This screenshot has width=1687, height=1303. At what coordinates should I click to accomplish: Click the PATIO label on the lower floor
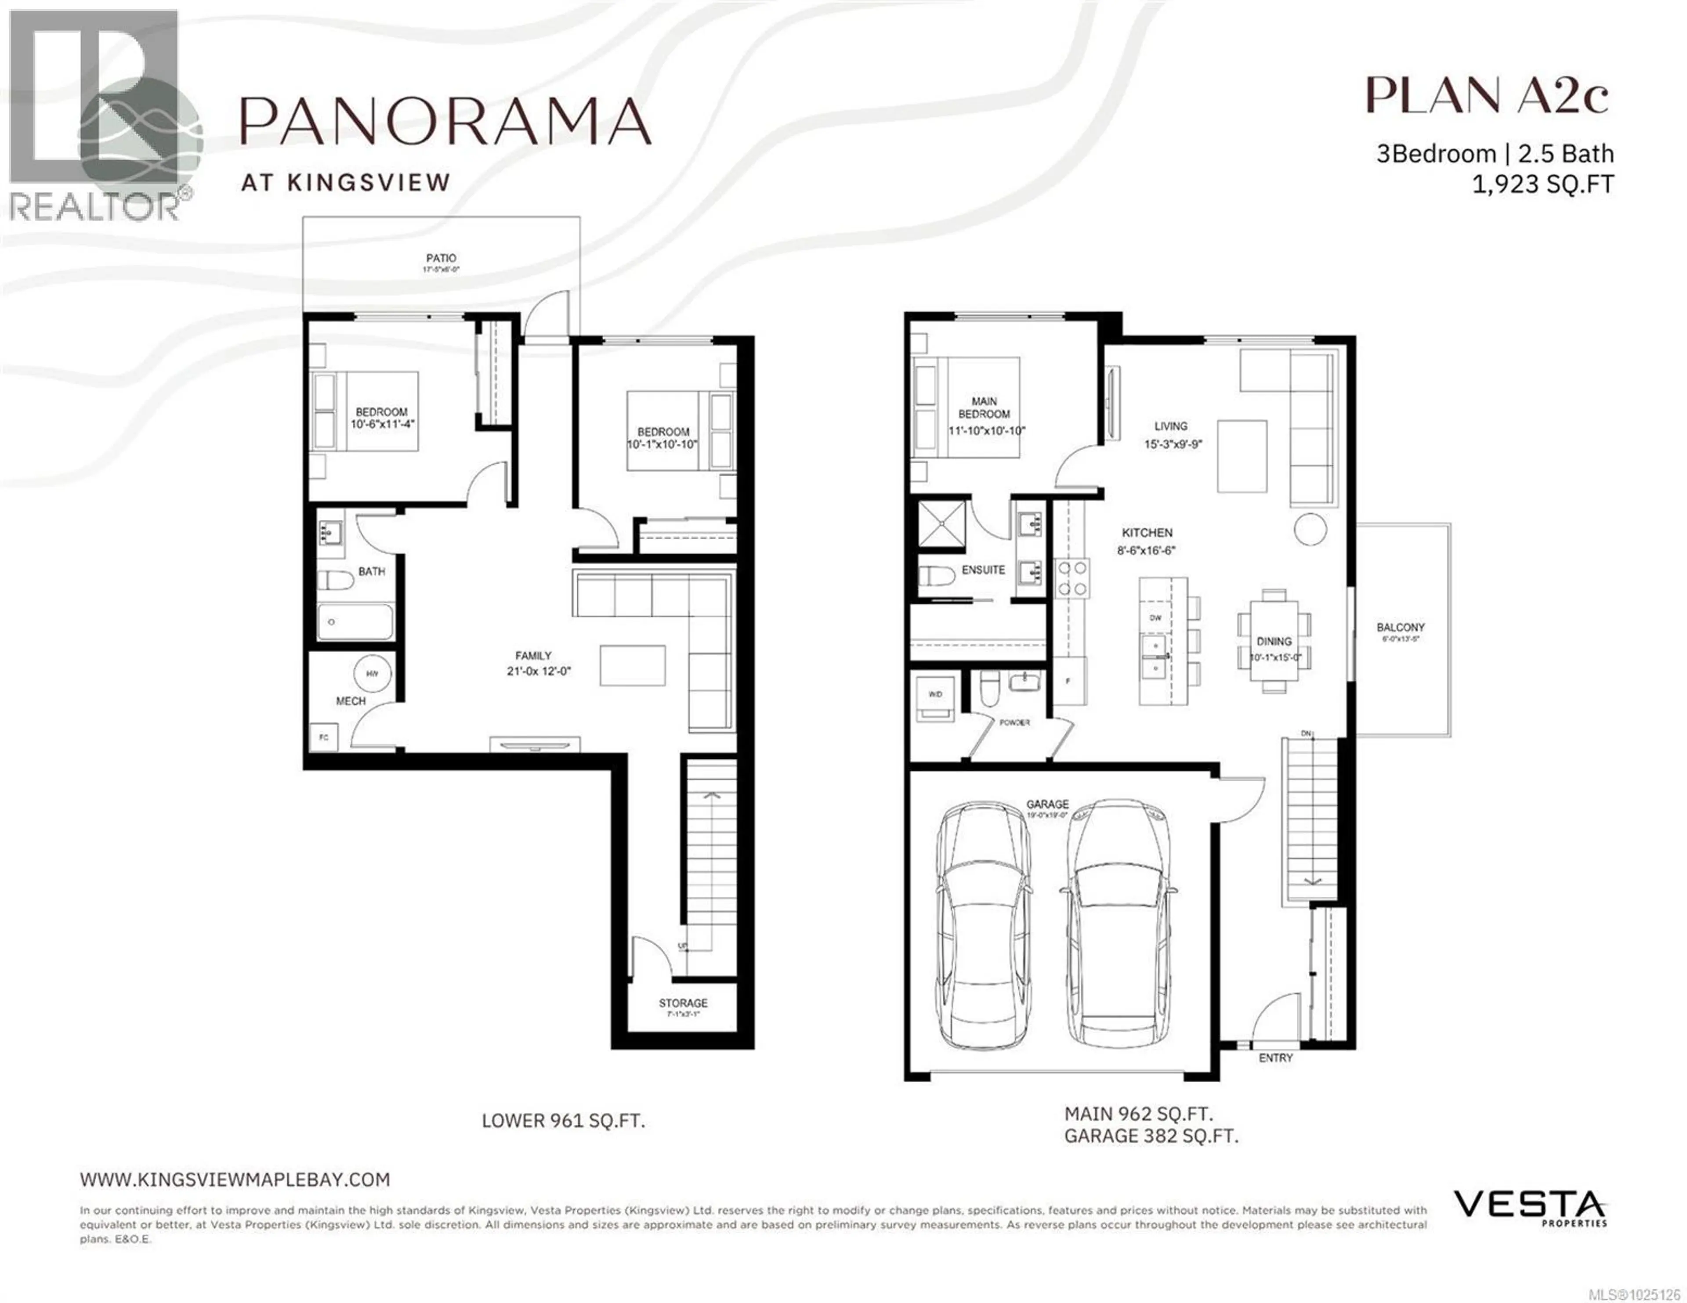tap(440, 258)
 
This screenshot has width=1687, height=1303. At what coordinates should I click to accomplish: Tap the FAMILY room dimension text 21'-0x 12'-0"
tap(538, 671)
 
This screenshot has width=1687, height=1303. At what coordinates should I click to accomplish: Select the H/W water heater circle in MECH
tap(372, 674)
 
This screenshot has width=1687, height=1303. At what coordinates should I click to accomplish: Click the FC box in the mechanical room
tap(324, 737)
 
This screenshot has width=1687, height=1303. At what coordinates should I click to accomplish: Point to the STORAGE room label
tap(683, 1003)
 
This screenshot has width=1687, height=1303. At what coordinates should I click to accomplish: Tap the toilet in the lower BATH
tap(335, 579)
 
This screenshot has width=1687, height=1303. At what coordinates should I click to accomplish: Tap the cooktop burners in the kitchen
tap(1072, 578)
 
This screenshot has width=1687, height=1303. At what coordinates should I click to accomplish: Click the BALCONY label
tap(1400, 627)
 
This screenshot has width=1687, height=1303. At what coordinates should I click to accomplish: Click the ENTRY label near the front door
tap(1275, 1058)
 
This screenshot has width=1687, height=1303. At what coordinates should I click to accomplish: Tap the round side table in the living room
tap(1310, 529)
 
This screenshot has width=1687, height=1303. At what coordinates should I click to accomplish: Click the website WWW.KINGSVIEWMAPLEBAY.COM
tap(235, 1180)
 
